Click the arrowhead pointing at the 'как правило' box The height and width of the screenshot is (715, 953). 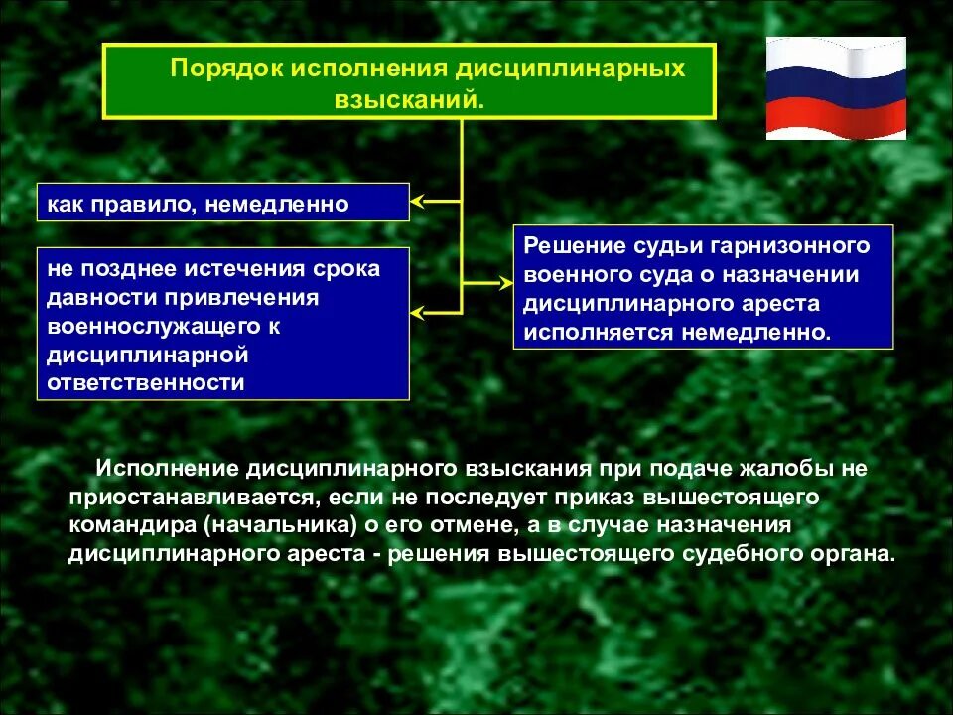pyautogui.click(x=419, y=202)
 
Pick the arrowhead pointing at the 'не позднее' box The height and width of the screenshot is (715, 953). pyautogui.click(x=419, y=314)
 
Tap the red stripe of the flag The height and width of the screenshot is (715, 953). pyautogui.click(x=836, y=121)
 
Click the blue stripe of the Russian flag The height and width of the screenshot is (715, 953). pyautogui.click(x=836, y=87)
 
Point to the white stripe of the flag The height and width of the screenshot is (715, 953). pyautogui.click(x=836, y=55)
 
